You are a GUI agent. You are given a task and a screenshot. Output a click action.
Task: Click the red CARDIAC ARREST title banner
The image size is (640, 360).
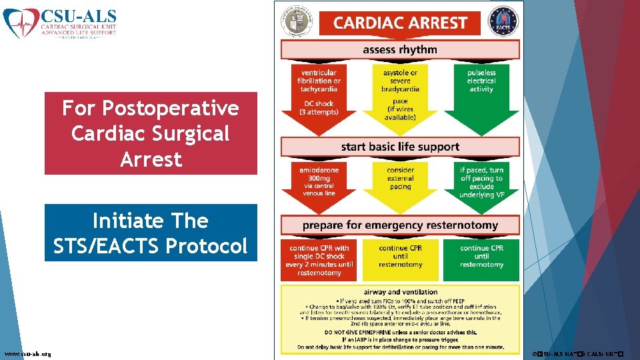point(399,23)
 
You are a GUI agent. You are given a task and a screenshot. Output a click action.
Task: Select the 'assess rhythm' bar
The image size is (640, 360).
point(399,50)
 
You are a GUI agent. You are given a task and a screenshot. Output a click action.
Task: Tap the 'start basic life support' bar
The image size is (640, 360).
point(399,147)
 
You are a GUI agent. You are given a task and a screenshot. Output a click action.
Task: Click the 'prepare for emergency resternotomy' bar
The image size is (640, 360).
point(399,225)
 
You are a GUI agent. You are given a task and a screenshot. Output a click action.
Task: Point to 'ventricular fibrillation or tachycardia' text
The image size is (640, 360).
point(319,81)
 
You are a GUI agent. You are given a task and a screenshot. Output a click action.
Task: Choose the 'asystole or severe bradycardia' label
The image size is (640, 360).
point(400,81)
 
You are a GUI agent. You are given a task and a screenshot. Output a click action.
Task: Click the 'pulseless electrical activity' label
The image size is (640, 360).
point(481,81)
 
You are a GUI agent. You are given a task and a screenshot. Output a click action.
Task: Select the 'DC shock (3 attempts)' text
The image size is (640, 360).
point(319,108)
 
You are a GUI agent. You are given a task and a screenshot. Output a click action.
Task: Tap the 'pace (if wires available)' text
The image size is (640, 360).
point(400,109)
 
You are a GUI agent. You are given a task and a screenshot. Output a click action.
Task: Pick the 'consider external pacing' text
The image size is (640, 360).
point(400,178)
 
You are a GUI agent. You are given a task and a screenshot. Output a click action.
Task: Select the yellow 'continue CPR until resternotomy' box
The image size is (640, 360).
point(400,257)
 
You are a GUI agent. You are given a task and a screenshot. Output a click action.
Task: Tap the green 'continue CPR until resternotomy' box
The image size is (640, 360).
point(481,257)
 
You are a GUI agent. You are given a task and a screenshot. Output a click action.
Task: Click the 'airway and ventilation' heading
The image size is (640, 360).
point(400,292)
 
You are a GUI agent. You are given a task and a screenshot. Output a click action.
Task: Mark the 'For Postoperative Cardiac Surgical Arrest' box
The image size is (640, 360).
point(151,133)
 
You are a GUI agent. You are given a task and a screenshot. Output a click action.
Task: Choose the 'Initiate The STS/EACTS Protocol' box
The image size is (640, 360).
point(151,233)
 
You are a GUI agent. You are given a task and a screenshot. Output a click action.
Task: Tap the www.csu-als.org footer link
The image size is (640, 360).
point(28,353)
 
